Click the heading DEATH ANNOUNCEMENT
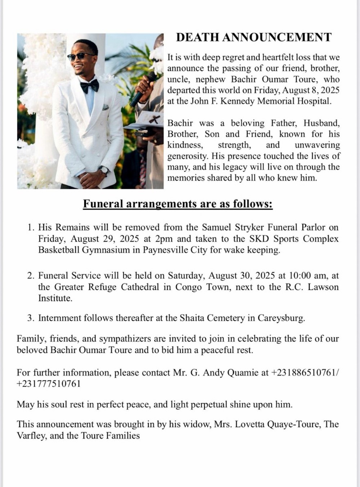(x=253, y=37)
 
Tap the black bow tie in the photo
(x=89, y=86)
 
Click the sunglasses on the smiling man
(x=81, y=57)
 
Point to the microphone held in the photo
(x=143, y=90)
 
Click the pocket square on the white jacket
(x=105, y=107)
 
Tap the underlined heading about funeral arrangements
(x=178, y=204)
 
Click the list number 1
(x=31, y=228)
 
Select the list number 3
(x=31, y=318)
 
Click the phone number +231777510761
(x=48, y=384)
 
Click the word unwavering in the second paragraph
(x=317, y=145)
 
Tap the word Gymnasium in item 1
(x=106, y=250)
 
